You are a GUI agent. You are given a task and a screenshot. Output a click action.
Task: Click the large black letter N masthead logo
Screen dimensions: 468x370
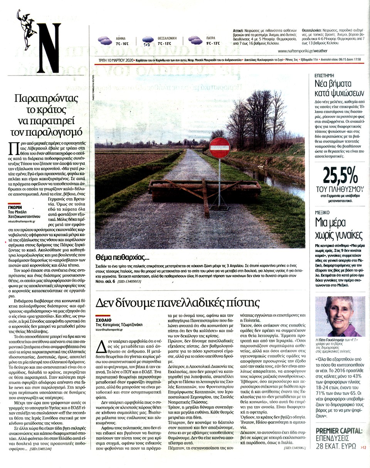click(49, 48)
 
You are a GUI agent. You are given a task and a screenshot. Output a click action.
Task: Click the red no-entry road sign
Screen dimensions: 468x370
click(219, 148)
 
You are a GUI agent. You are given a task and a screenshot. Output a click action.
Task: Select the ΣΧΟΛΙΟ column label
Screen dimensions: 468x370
click(103, 320)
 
